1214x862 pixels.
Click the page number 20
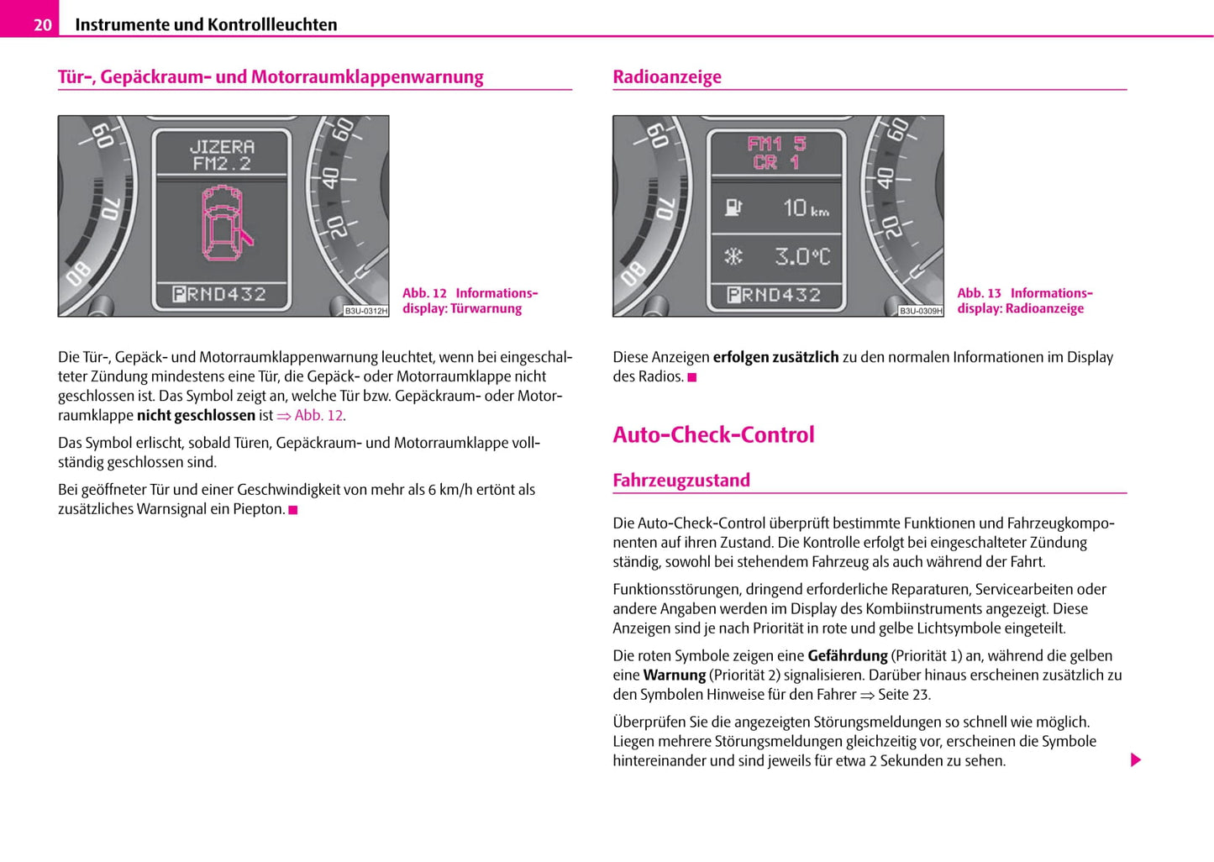42,25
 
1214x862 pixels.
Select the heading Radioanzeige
667,77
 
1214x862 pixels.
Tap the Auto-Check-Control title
713,434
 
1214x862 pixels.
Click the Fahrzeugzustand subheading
681,481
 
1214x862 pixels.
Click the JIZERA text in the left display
222,146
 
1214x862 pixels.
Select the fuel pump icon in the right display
733,208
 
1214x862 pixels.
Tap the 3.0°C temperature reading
802,256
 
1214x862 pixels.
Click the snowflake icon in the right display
733,256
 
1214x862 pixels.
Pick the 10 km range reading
805,208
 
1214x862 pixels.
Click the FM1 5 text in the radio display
776,144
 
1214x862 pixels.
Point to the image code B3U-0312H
366,311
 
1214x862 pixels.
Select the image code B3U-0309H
921,311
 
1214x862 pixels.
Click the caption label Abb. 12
424,293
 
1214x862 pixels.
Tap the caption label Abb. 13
980,293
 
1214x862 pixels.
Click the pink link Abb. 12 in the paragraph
318,415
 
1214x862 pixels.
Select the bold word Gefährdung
847,655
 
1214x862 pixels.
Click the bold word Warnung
674,675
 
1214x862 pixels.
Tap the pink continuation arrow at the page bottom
1136,760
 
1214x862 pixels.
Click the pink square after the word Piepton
293,510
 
